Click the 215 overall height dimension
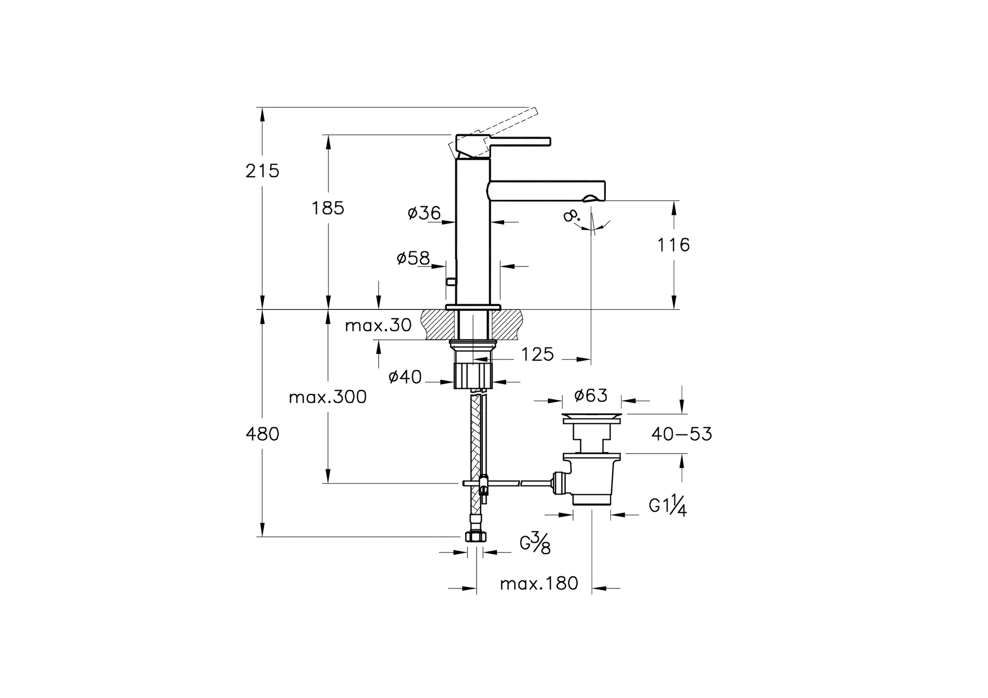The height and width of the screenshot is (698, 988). point(262,171)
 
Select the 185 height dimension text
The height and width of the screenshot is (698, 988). point(328,209)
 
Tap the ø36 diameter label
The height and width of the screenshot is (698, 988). point(424,213)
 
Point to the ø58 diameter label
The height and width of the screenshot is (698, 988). point(413,259)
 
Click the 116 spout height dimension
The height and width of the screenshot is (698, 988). point(673,245)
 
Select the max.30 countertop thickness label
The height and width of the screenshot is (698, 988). point(378,326)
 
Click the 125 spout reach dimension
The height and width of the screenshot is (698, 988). point(537,355)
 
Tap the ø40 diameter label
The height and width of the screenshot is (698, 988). point(405,377)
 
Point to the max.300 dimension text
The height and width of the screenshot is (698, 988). point(328,397)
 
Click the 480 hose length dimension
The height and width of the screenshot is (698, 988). point(262,434)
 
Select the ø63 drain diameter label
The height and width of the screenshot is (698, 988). point(591,396)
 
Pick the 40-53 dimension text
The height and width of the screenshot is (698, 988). point(681,434)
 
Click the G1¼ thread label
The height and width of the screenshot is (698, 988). point(668,507)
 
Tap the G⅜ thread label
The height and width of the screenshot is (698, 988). point(535,544)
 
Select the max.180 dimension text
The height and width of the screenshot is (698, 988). point(539,584)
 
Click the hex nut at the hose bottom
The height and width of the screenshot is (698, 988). point(476,537)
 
